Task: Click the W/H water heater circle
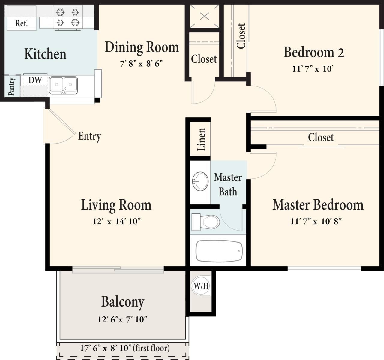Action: click(x=201, y=286)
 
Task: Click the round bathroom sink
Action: click(x=200, y=181)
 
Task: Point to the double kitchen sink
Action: click(x=63, y=85)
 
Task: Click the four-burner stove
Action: click(x=68, y=17)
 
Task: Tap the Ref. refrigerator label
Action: click(x=22, y=23)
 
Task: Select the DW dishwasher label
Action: click(x=35, y=80)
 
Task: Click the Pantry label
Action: click(x=11, y=86)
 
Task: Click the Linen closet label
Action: click(x=201, y=139)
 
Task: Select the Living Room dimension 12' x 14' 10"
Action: click(x=117, y=222)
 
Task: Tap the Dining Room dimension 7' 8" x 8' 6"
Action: click(x=141, y=64)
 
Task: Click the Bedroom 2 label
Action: click(x=314, y=52)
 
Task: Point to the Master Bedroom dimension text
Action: click(x=316, y=222)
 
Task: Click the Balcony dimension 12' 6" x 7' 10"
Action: click(x=122, y=319)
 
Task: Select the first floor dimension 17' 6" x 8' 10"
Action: click(x=124, y=348)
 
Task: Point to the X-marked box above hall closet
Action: click(x=205, y=16)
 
